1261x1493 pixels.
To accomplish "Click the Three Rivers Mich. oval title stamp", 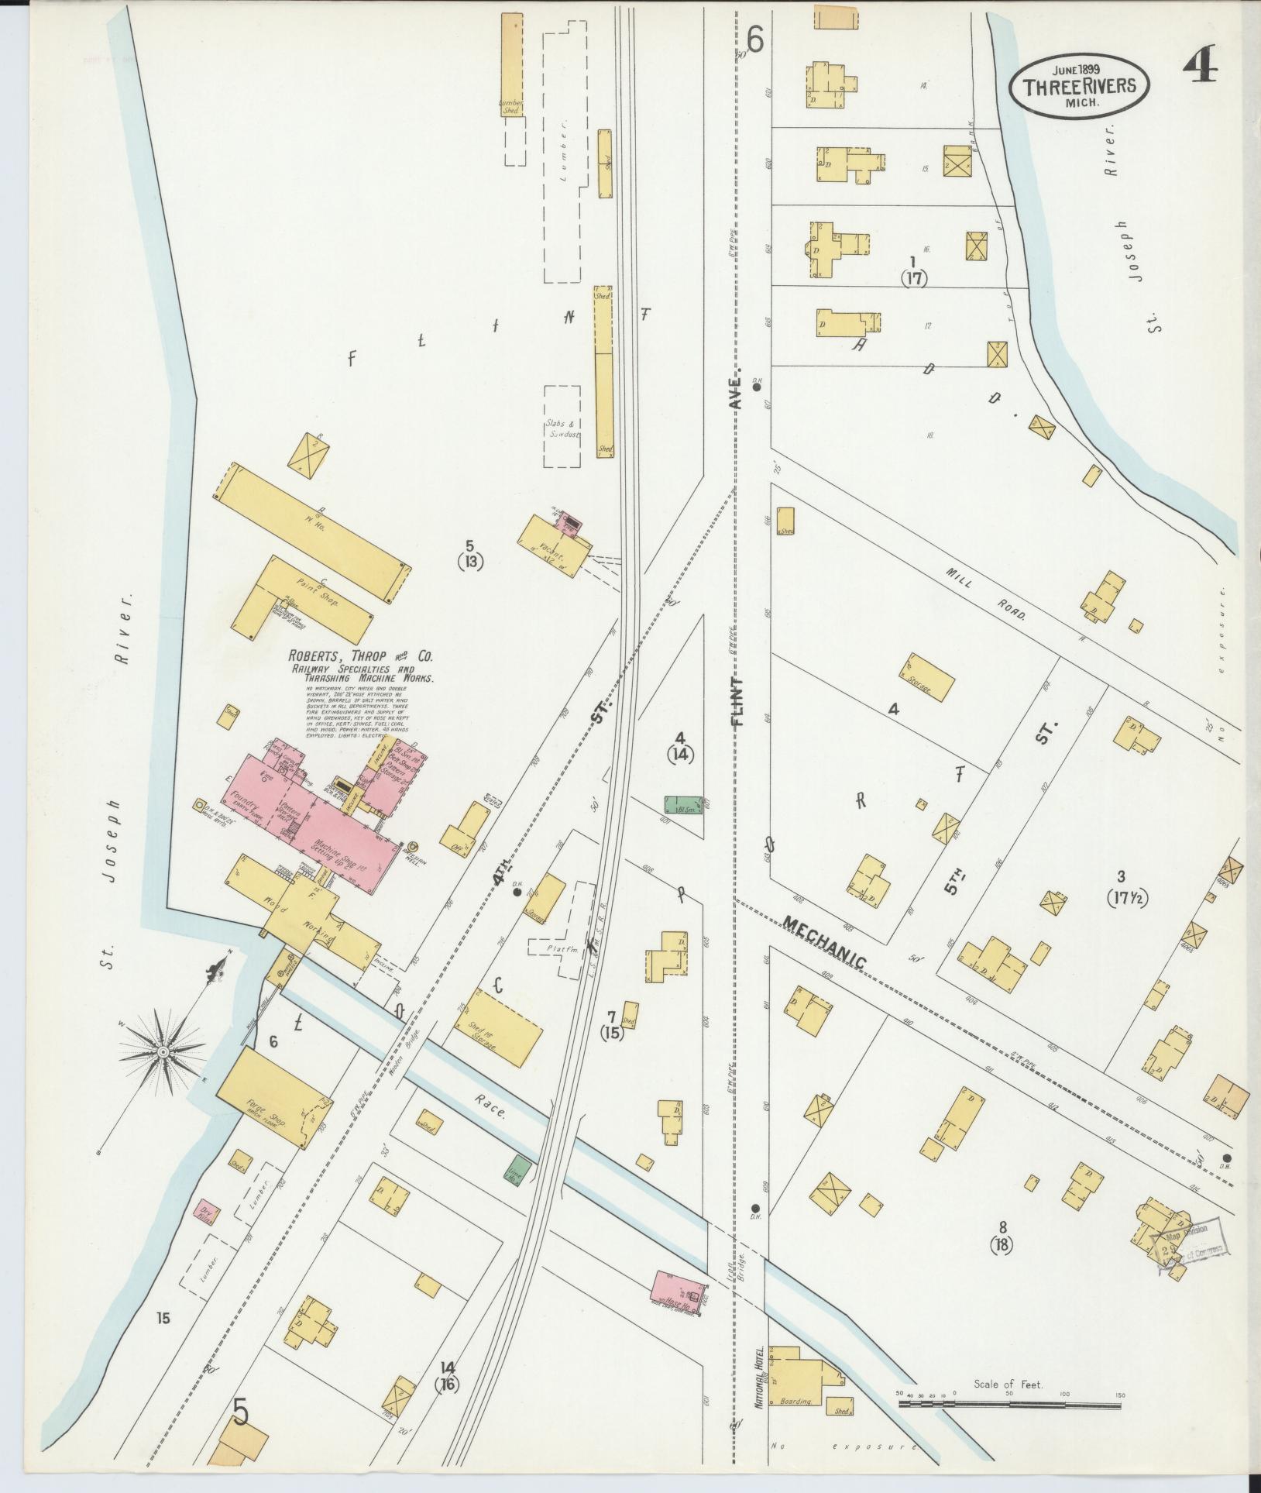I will click(1078, 87).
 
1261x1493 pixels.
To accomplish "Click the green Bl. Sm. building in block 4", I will click(683, 804).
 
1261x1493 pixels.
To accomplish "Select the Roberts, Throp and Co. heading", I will click(361, 657).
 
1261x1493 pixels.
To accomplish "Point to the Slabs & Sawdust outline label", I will click(562, 429).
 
